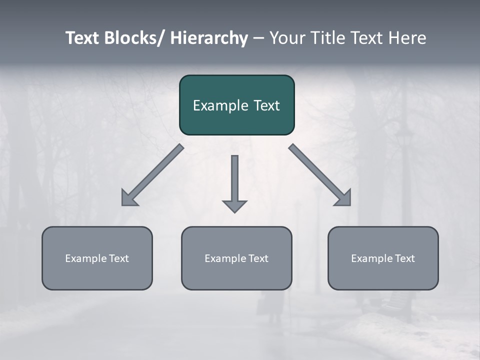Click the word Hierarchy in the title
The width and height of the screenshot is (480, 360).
209,38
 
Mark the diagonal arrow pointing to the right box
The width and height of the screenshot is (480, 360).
320,175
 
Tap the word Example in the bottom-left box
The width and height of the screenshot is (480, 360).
86,258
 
